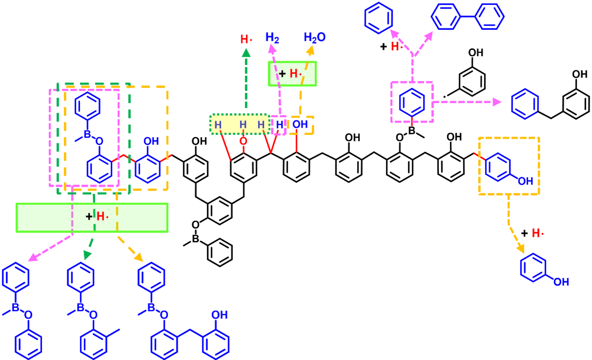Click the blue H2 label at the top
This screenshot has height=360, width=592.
tap(272, 37)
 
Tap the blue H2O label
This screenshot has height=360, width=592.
tap(314, 37)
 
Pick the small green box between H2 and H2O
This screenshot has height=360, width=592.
tap(293, 74)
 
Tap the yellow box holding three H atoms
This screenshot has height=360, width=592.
tap(239, 124)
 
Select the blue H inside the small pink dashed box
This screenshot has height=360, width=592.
tap(279, 125)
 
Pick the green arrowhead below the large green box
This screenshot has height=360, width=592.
tap(87, 254)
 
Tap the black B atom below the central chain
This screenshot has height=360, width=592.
tap(195, 239)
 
